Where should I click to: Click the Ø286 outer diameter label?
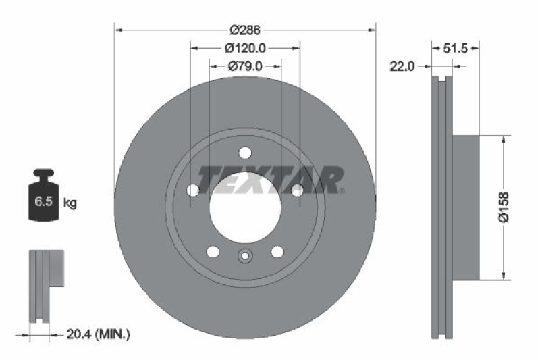click(x=244, y=30)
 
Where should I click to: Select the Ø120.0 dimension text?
click(x=244, y=48)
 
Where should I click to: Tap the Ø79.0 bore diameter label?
click(x=244, y=66)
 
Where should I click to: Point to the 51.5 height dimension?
click(x=456, y=48)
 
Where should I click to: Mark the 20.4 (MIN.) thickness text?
click(x=99, y=334)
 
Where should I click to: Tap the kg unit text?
click(x=70, y=202)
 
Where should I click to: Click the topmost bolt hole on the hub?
click(x=245, y=152)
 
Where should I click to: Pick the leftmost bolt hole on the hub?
click(x=193, y=190)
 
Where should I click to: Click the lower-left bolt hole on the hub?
click(x=213, y=252)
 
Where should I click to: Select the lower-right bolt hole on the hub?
click(x=277, y=252)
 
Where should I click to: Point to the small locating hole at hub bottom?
click(x=245, y=256)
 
